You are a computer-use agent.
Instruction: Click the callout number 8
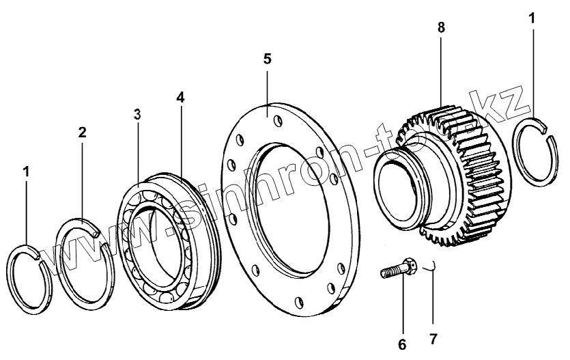441,28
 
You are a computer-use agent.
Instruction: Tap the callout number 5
267,59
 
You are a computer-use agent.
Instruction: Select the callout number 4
180,97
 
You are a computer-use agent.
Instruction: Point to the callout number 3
137,114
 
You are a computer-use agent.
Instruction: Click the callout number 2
82,132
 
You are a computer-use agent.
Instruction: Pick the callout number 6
401,344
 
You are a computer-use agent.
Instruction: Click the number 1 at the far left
26,172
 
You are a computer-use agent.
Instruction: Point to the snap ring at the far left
30,279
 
